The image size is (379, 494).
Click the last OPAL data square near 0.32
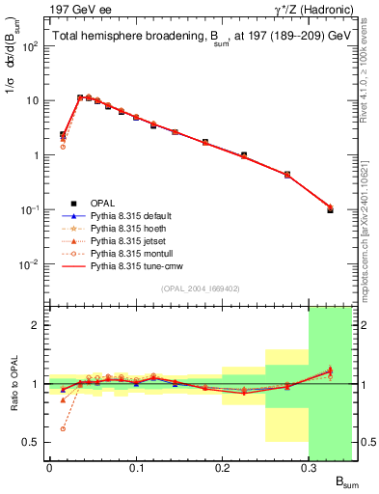point(330,209)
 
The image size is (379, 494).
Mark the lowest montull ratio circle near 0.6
point(63,428)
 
